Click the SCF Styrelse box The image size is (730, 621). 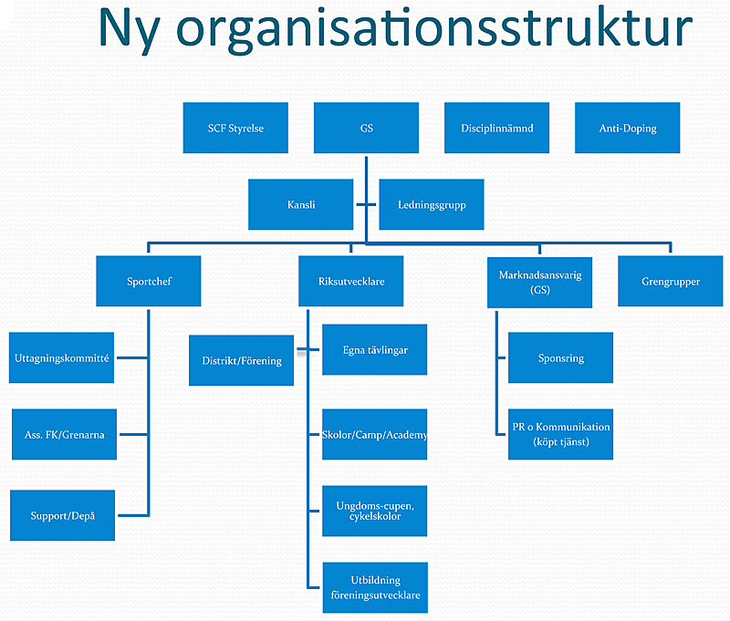(x=235, y=128)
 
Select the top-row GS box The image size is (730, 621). (x=367, y=128)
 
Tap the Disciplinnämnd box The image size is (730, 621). (x=496, y=128)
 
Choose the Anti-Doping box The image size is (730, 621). (x=628, y=128)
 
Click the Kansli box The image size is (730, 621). (x=301, y=204)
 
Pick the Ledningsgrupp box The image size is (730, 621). (x=432, y=204)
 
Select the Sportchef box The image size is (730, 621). (x=149, y=281)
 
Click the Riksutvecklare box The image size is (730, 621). (x=351, y=281)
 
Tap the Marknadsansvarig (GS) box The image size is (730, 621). (x=539, y=283)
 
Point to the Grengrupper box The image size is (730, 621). (x=671, y=281)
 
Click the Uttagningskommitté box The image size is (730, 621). (x=61, y=357)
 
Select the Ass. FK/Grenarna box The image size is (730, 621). (x=64, y=434)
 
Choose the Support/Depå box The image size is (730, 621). (x=62, y=515)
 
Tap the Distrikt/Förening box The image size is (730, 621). (x=241, y=360)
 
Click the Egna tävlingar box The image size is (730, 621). (x=375, y=350)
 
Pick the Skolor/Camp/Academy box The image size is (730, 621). (x=375, y=434)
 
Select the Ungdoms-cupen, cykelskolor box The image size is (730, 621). (x=375, y=512)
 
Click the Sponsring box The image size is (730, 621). (x=560, y=357)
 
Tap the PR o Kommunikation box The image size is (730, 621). (x=560, y=434)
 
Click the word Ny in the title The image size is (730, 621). (x=130, y=30)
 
